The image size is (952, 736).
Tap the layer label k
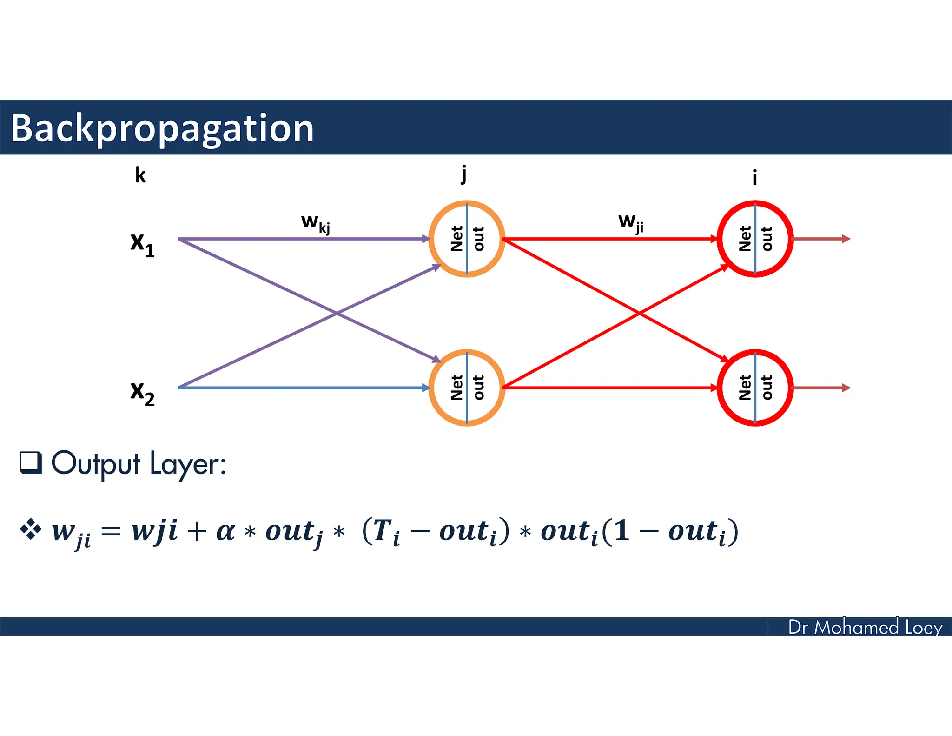pyautogui.click(x=140, y=175)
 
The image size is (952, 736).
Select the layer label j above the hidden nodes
pyautogui.click(x=463, y=175)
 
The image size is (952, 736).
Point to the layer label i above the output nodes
pyautogui.click(x=754, y=177)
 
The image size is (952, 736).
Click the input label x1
pyautogui.click(x=142, y=244)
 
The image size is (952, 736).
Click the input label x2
pyautogui.click(x=142, y=393)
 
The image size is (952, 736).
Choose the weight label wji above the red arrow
pyautogui.click(x=631, y=221)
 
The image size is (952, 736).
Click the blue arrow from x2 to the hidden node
pyautogui.click(x=302, y=387)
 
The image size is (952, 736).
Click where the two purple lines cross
pyautogui.click(x=337, y=314)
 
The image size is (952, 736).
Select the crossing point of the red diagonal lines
pyautogui.click(x=640, y=314)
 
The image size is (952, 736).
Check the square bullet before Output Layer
pyautogui.click(x=31, y=462)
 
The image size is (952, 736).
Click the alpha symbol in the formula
pyautogui.click(x=225, y=531)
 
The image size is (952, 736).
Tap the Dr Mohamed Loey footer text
pyautogui.click(x=865, y=627)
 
